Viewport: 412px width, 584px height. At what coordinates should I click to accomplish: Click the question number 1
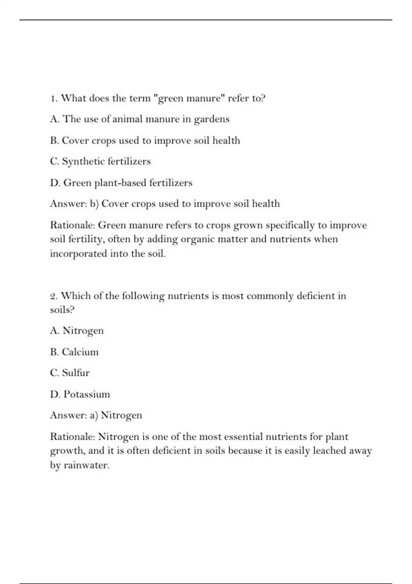53,99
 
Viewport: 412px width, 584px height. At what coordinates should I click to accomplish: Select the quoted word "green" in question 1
169,99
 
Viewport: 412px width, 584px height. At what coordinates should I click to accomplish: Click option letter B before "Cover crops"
54,141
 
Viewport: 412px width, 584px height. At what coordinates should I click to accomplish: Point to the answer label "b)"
94,204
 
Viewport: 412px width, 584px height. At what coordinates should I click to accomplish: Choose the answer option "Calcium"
80,352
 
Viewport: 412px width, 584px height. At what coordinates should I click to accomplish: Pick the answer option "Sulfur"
76,373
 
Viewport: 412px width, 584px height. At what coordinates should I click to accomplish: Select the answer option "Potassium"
87,394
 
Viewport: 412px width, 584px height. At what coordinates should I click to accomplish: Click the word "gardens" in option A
211,119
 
